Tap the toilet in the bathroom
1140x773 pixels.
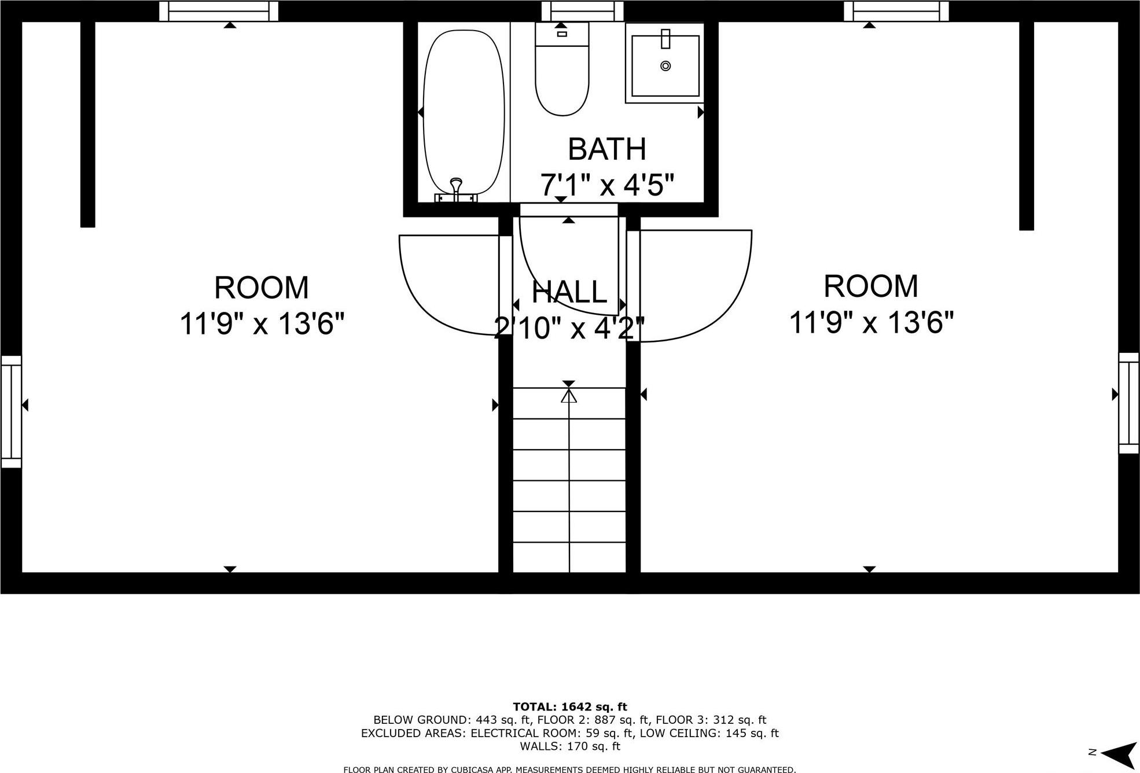point(562,75)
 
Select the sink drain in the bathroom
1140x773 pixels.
point(665,66)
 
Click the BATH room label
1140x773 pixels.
point(607,149)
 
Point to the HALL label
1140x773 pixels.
point(569,292)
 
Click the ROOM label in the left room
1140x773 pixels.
point(262,288)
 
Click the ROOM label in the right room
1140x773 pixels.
point(871,286)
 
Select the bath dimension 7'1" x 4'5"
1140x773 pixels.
point(607,185)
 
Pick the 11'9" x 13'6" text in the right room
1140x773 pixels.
point(871,322)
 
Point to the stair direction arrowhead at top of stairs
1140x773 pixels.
point(569,396)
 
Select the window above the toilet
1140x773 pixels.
point(582,11)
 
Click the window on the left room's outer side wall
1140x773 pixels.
point(11,411)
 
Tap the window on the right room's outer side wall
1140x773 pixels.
point(1128,403)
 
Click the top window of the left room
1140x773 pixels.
point(219,11)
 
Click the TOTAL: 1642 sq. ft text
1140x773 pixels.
point(570,706)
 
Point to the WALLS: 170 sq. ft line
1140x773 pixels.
point(570,746)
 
